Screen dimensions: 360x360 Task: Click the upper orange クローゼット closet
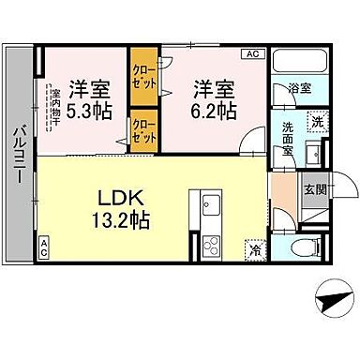tap(143, 74)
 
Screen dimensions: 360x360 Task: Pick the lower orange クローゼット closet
tap(143, 130)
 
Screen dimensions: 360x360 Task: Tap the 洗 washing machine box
tap(318, 123)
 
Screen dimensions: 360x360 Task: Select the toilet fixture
tap(298, 249)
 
